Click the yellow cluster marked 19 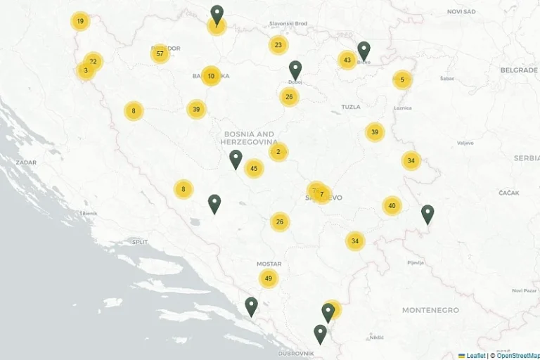tap(80, 21)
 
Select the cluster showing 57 tap(160, 54)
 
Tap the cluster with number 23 tap(278, 45)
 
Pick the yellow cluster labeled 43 tap(347, 60)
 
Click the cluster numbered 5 tap(402, 80)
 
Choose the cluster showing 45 tap(254, 168)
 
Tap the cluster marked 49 tap(269, 278)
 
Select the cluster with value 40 tap(392, 206)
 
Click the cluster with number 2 tap(278, 152)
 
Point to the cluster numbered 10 tap(211, 76)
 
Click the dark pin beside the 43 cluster tap(364, 51)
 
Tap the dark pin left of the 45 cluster tap(236, 160)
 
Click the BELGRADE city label tap(519, 70)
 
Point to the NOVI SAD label tap(461, 11)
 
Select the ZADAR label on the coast tap(26, 162)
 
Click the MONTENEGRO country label tap(430, 310)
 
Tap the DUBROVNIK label tap(295, 353)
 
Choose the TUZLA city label tap(350, 107)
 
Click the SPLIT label tap(140, 242)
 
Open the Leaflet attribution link tap(475, 356)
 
